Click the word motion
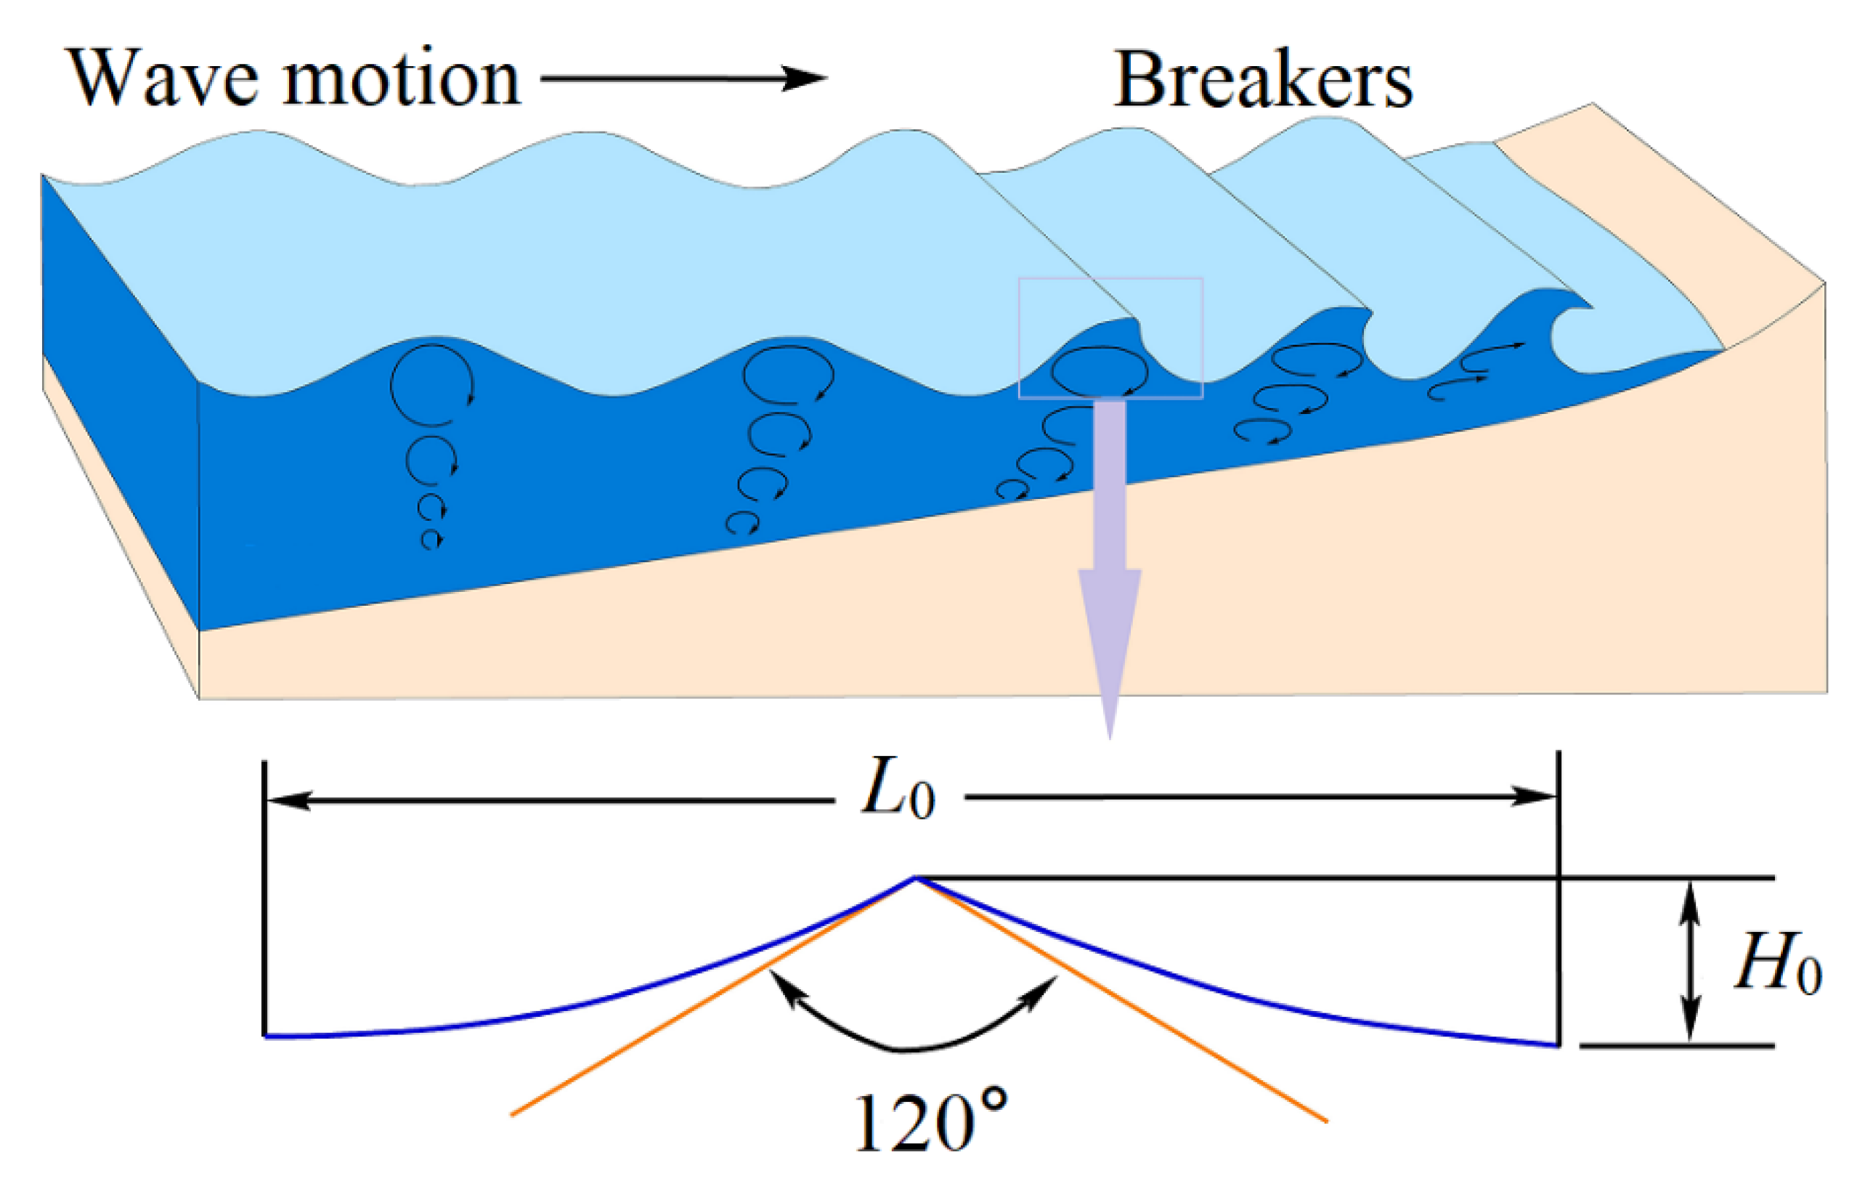pos(400,79)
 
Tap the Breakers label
pos(1262,81)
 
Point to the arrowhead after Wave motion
pos(805,78)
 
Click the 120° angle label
pos(930,1123)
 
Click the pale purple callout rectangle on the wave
pos(1110,338)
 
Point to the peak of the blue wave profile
pos(914,878)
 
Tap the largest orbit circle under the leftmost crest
pos(431,385)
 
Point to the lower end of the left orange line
pos(513,1114)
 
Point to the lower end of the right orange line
pos(1326,1120)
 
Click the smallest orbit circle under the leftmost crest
pos(431,539)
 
